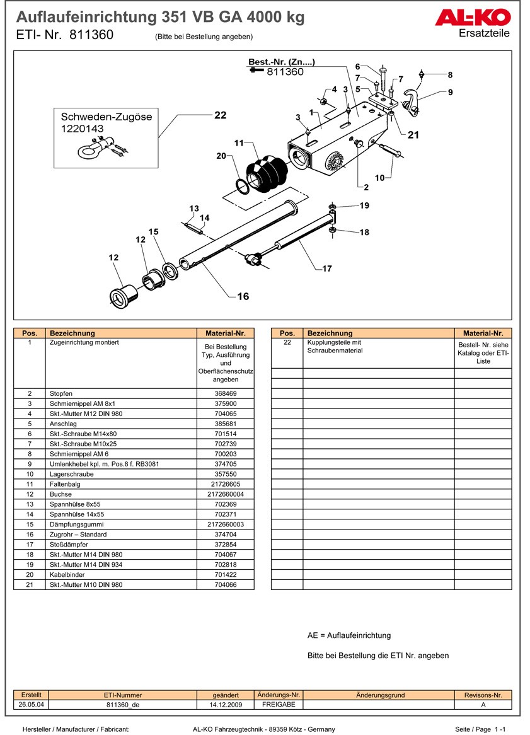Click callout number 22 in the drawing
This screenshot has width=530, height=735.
coord(220,115)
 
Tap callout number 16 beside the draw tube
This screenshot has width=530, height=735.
coord(243,296)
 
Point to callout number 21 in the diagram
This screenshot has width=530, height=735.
coord(413,135)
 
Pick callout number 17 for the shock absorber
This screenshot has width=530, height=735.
coord(326,269)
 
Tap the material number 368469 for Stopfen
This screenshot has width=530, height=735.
coord(226,393)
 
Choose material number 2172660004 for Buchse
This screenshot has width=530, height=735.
coord(226,494)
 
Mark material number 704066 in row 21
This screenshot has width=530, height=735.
coord(226,585)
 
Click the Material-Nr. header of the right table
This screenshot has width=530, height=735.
coord(483,333)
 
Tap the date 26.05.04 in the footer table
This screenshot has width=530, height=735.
coord(32,705)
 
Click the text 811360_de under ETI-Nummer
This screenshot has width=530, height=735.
coord(123,705)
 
